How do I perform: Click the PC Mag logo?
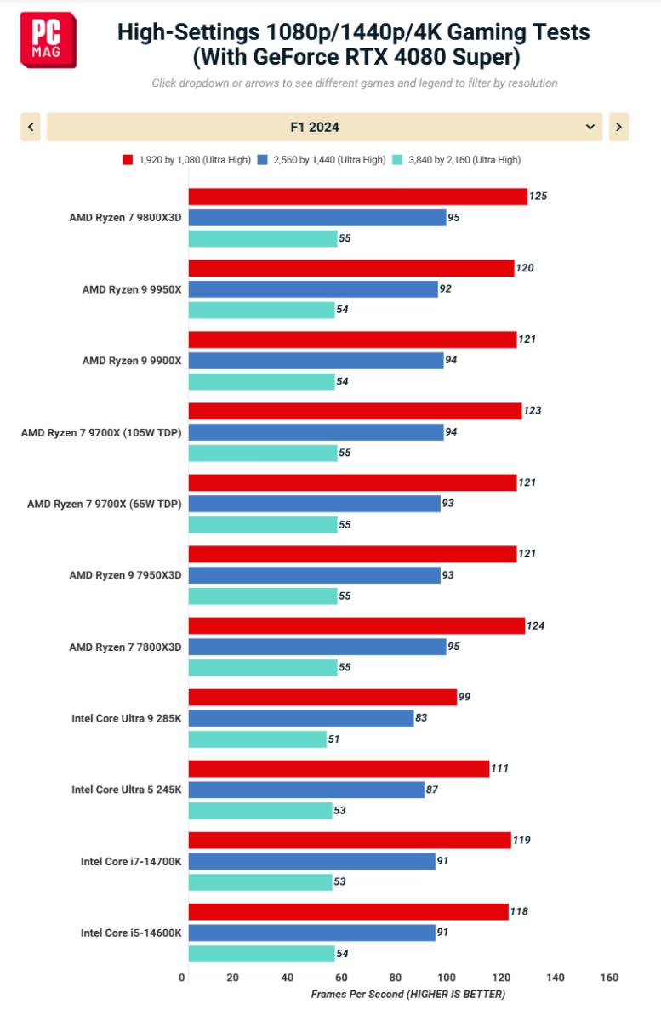[x=48, y=40]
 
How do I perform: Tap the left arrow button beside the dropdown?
[x=31, y=127]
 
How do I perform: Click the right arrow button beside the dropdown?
[x=618, y=127]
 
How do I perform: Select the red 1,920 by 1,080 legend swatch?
[x=128, y=159]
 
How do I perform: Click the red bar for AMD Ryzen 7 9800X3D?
[x=357, y=197]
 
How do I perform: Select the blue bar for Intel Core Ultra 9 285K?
[x=300, y=718]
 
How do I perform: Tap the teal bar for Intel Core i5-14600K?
[x=261, y=954]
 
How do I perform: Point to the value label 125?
[x=538, y=197]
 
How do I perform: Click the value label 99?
[x=464, y=698]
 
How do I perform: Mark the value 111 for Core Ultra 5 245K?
[x=499, y=769]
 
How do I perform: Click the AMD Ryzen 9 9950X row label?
[x=132, y=289]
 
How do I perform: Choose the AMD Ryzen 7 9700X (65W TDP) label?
[x=105, y=504]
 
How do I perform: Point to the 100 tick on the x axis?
[x=447, y=978]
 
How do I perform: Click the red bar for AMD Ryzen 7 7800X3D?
[x=356, y=626]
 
